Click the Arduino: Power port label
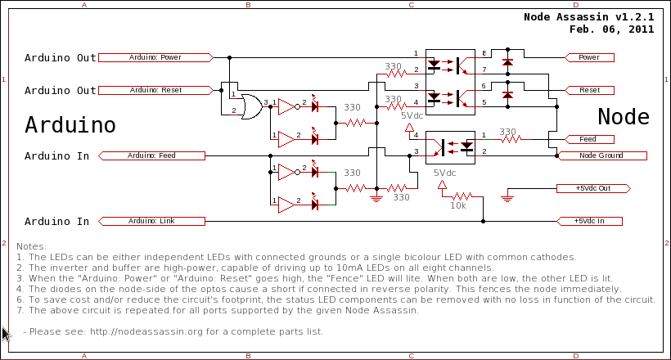coord(155,57)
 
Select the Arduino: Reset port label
coord(155,90)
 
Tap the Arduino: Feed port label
coord(151,155)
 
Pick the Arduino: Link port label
coord(151,221)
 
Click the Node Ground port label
coord(601,155)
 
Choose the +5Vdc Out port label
coord(593,188)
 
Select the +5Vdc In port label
coord(589,221)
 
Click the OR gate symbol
coord(252,106)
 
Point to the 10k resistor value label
coord(458,206)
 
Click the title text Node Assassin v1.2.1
coord(589,17)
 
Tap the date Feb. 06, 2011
coord(611,29)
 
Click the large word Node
coord(624,117)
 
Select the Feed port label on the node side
coord(590,140)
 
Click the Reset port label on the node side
coord(590,90)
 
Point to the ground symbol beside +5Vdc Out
coord(507,198)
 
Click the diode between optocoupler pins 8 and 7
coord(507,62)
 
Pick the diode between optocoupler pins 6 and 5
coord(507,95)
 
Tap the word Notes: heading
coord(31,246)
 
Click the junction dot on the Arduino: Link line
coord(483,221)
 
